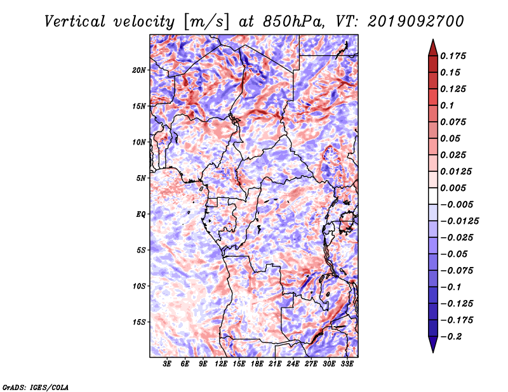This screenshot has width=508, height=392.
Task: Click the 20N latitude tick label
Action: [139, 70]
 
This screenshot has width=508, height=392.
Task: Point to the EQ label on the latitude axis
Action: [141, 214]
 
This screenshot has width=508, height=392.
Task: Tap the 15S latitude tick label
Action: [139, 322]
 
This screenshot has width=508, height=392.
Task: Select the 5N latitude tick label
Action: [141, 178]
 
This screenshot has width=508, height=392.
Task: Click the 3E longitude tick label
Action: [167, 363]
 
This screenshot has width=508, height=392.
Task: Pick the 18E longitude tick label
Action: [257, 363]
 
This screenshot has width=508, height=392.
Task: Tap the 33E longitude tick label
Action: [347, 363]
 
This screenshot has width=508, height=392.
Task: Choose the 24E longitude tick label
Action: [293, 363]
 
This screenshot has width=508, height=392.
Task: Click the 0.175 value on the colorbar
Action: [453, 56]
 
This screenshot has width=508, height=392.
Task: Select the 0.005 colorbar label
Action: [453, 188]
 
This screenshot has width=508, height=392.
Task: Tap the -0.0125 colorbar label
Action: [459, 221]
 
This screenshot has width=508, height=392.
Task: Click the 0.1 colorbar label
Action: [447, 105]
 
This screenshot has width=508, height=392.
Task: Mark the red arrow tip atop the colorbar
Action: [433, 39]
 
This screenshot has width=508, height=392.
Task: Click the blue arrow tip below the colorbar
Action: [433, 352]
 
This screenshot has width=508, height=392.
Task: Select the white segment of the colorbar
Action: [433, 196]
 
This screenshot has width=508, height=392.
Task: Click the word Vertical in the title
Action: [75, 22]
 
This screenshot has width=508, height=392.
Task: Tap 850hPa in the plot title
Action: [293, 22]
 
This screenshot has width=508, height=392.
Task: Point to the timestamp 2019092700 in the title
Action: [416, 22]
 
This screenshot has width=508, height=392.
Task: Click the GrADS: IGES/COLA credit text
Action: [36, 387]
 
